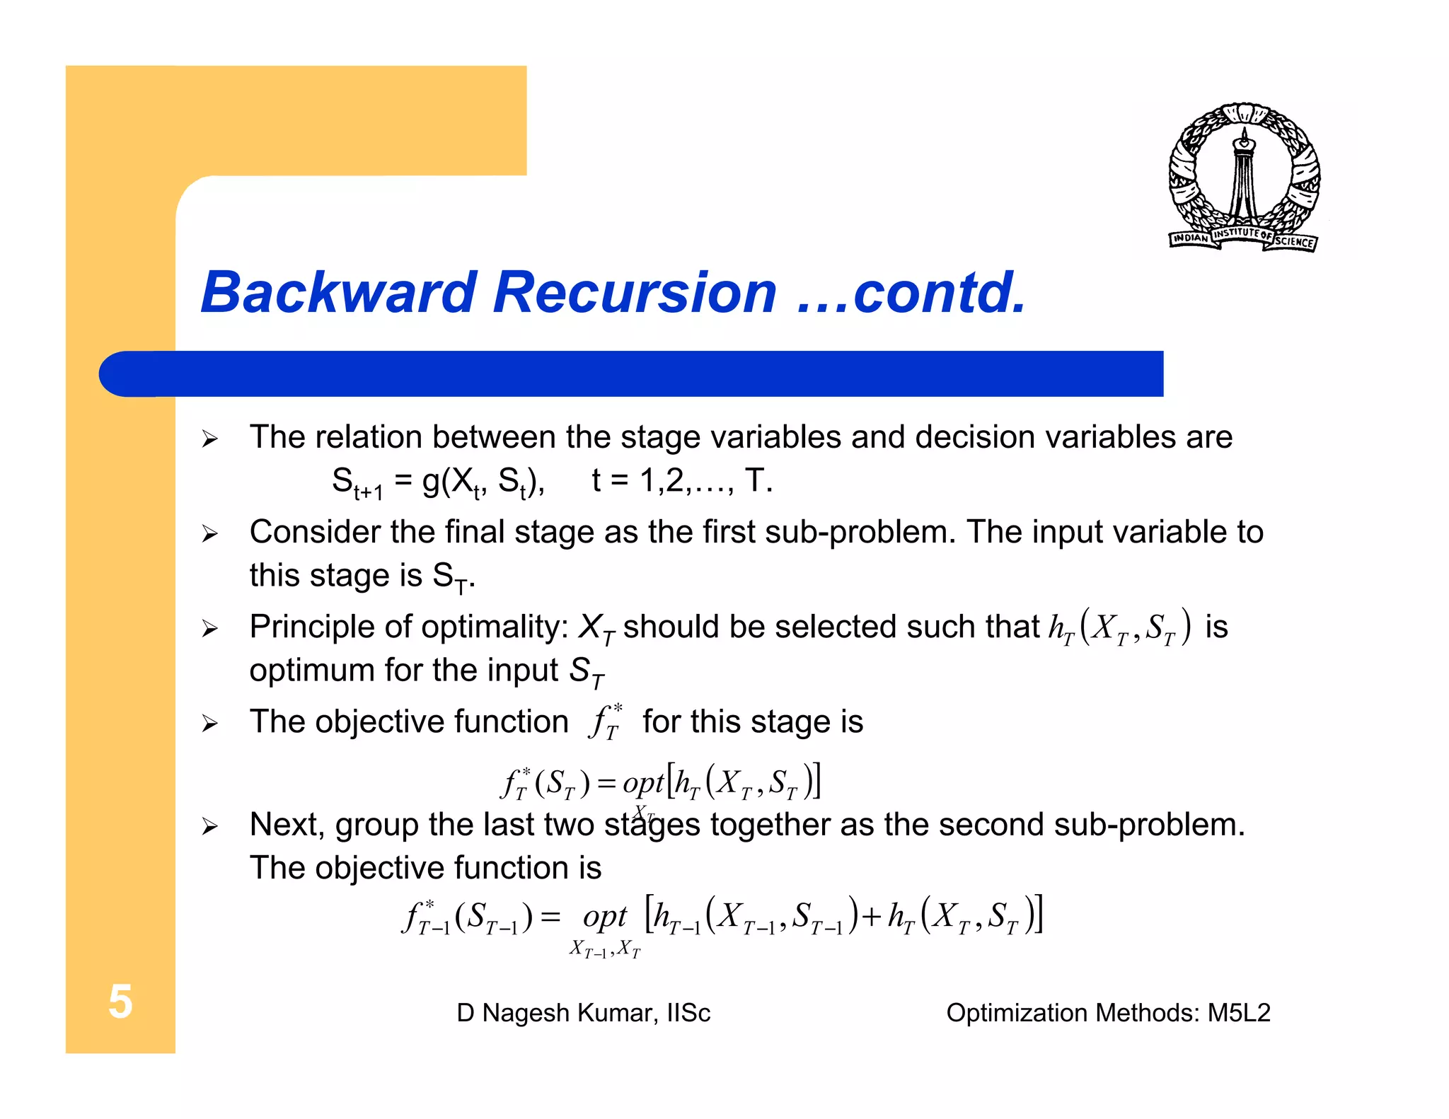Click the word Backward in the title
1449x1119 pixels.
click(338, 292)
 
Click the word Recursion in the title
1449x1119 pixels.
click(635, 292)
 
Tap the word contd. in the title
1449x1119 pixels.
click(939, 292)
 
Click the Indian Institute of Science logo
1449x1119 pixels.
click(1243, 177)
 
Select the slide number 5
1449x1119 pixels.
click(120, 1002)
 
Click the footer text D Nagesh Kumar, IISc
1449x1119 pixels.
click(583, 1013)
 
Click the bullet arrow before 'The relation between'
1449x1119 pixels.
click(209, 439)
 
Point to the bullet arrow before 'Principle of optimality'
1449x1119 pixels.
click(209, 628)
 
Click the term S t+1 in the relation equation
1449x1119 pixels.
click(357, 483)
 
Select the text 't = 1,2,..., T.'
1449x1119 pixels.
click(681, 481)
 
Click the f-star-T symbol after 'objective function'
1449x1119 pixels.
click(605, 721)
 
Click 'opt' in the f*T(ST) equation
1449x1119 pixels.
click(642, 782)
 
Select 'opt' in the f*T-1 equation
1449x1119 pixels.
click(604, 917)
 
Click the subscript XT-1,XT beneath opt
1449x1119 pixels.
click(605, 949)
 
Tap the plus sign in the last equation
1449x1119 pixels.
click(871, 917)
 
